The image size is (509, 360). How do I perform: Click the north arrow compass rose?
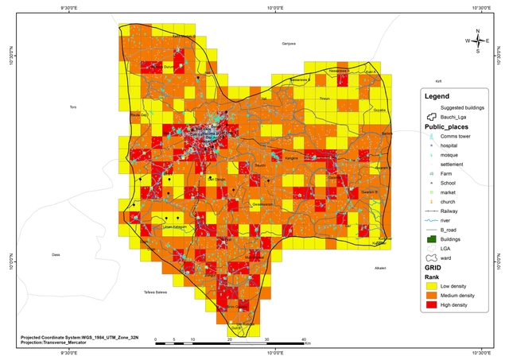tap(477, 41)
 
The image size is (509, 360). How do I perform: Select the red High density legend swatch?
tap(433, 307)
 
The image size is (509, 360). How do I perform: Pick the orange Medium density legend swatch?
tap(433, 296)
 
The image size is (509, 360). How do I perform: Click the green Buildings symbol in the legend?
tap(433, 238)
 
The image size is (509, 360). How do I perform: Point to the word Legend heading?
tap(437, 96)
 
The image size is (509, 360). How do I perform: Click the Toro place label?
tap(73, 106)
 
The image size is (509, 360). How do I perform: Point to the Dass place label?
tap(56, 255)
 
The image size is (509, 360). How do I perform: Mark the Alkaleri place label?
tap(380, 268)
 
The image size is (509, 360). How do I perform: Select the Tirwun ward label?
tap(324, 99)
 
